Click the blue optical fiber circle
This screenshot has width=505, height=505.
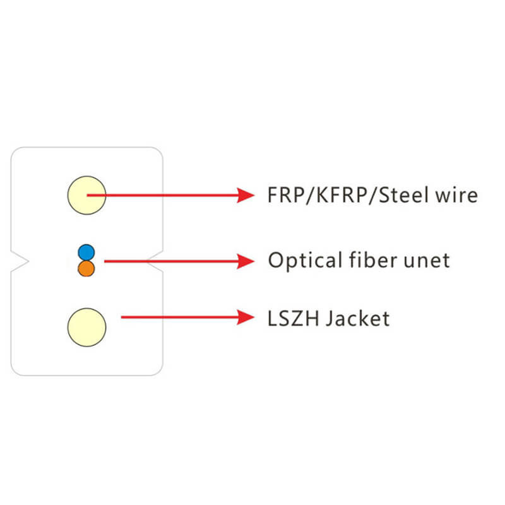point(86,252)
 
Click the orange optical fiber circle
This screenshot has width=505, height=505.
point(86,268)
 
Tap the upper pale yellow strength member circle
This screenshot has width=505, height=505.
point(86,195)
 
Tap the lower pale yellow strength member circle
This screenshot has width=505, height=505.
point(86,327)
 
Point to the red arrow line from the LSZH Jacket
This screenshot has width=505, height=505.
point(177,318)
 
